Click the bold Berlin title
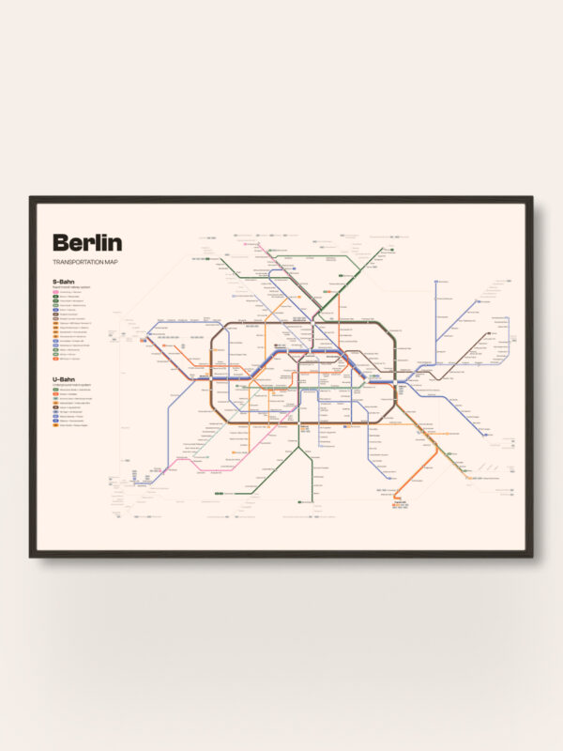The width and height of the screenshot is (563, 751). coord(87,242)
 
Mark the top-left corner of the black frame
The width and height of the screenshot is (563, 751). coord(31,198)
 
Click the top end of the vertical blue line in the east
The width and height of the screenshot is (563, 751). coord(436,281)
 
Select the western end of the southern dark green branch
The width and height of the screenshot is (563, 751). coord(218,494)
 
